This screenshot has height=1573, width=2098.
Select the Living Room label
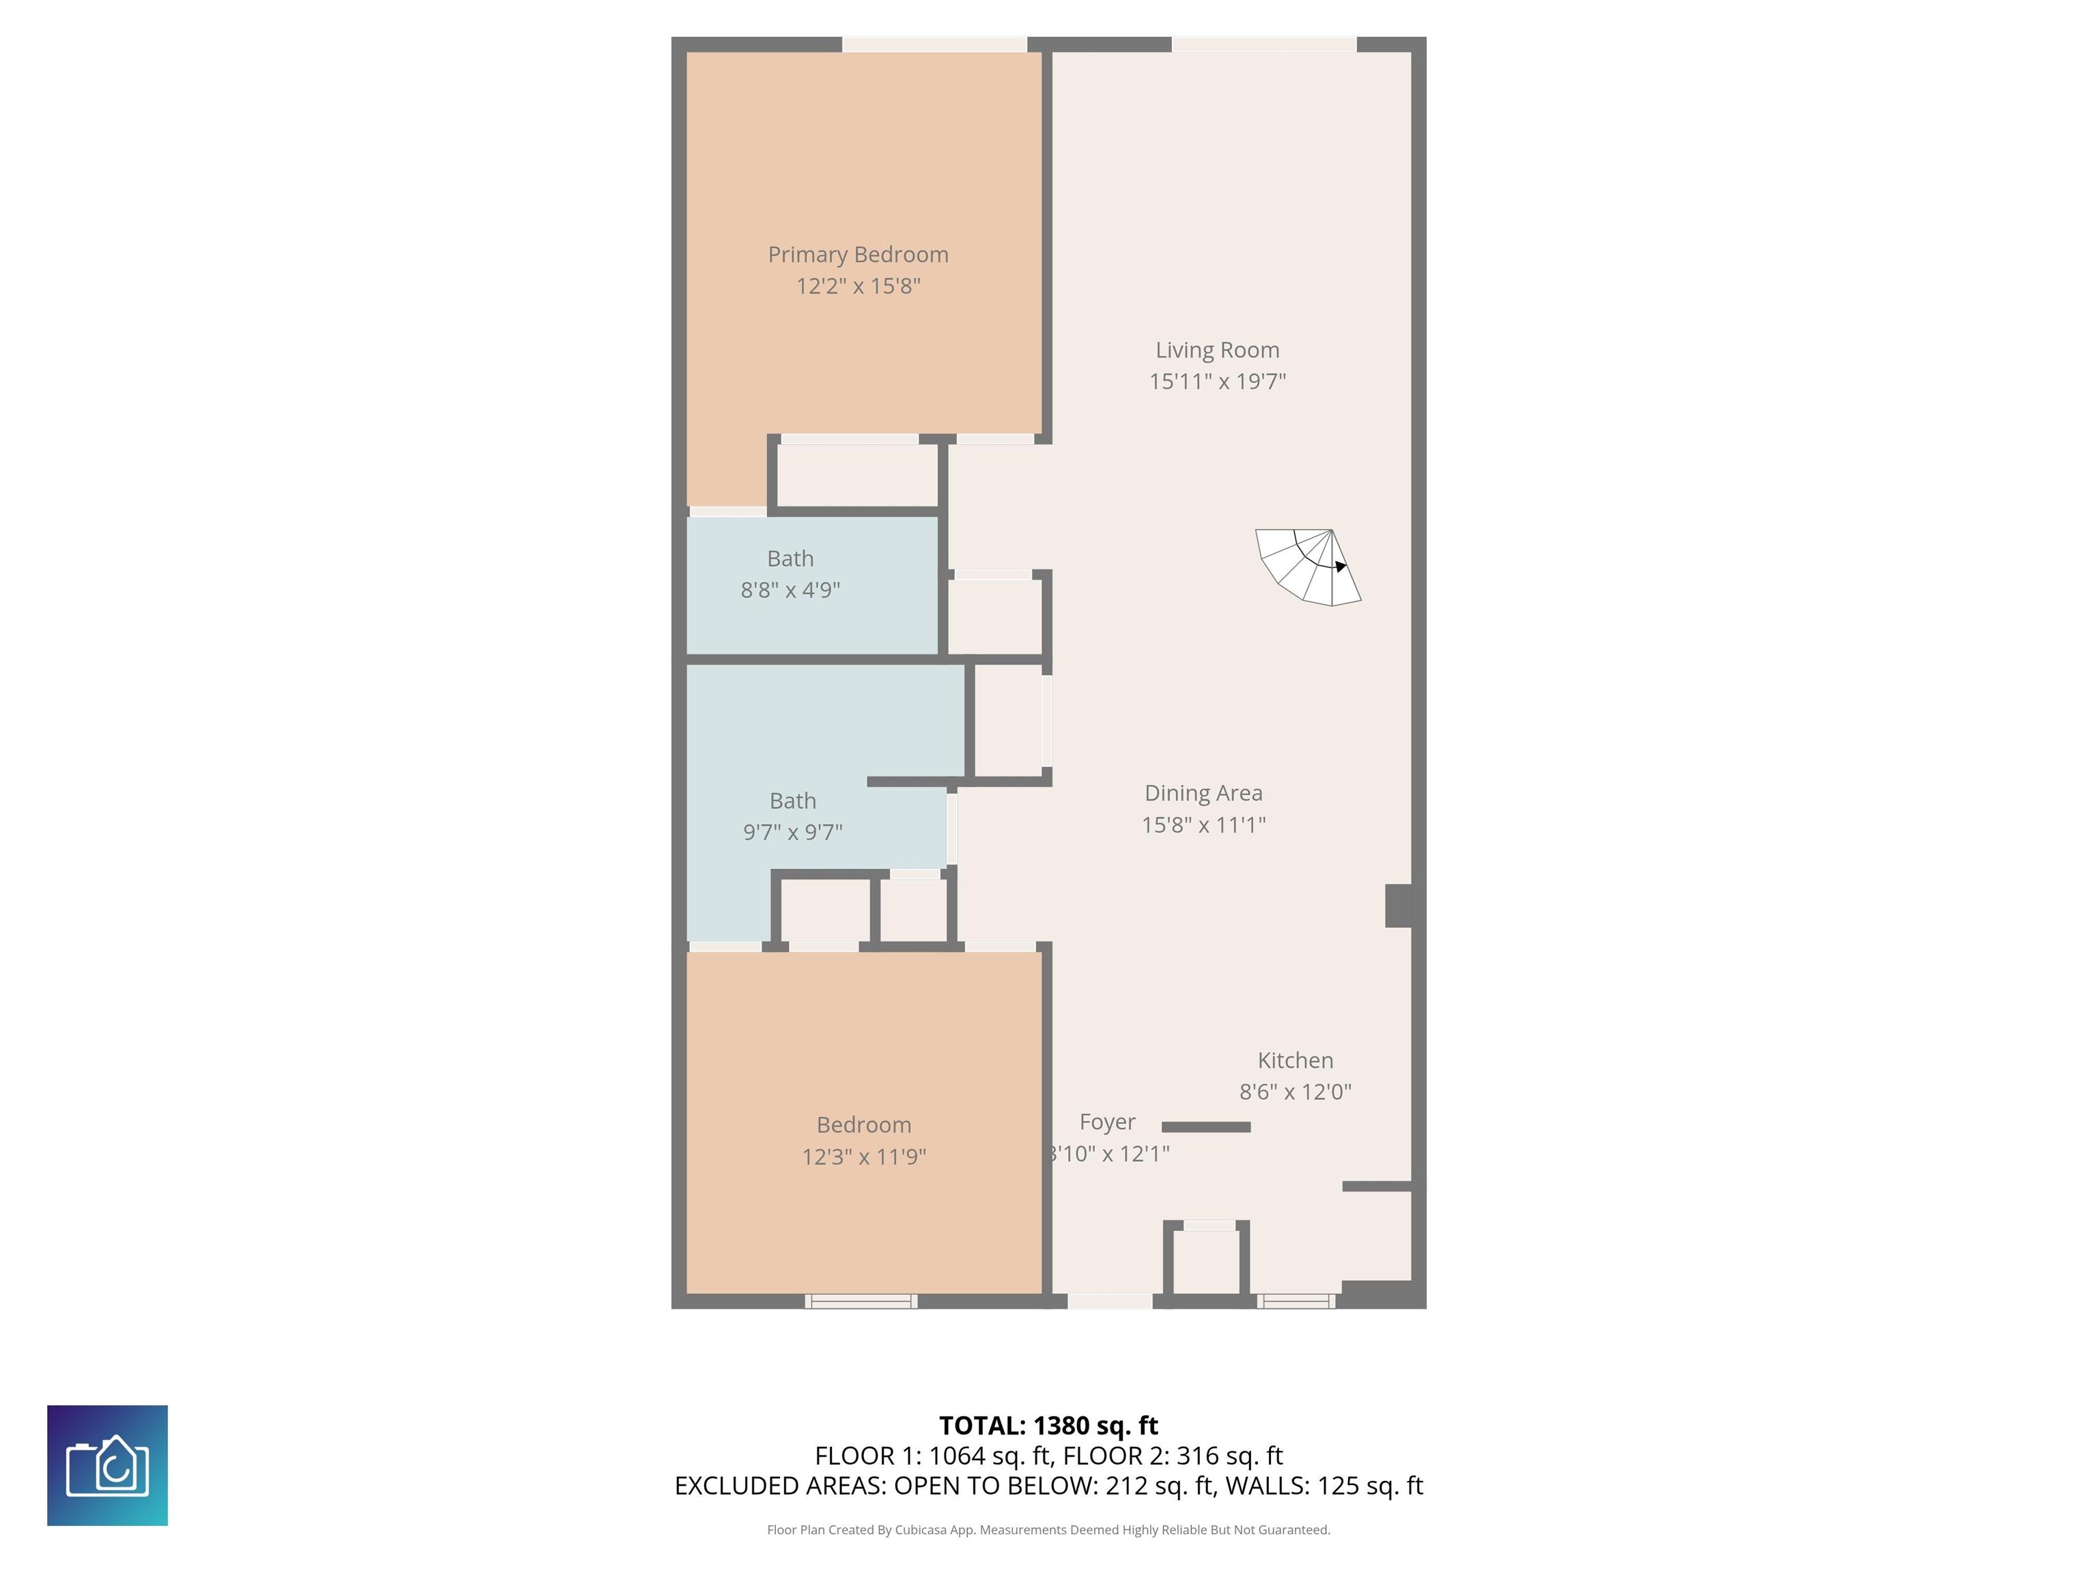[x=1217, y=350]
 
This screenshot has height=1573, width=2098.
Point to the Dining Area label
[x=1203, y=793]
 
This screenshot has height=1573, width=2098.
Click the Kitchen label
[x=1295, y=1060]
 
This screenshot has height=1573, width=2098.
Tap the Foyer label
[x=1107, y=1122]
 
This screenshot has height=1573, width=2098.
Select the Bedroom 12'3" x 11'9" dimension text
[x=863, y=1156]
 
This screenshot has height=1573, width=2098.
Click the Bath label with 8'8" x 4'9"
[x=790, y=558]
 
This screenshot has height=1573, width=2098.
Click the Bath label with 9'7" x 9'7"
[x=792, y=802]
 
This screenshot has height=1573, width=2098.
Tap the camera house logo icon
[x=107, y=1465]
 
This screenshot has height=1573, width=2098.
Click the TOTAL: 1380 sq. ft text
[x=1048, y=1425]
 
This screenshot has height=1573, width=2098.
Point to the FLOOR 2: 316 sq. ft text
[x=1173, y=1456]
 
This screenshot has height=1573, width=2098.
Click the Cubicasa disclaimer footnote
[x=1048, y=1529]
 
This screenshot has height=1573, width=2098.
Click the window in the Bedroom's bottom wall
[x=861, y=1301]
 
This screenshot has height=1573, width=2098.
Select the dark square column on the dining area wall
[x=1399, y=905]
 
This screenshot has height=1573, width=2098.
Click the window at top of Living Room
[x=1263, y=44]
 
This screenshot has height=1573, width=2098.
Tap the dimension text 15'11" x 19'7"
[x=1217, y=381]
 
